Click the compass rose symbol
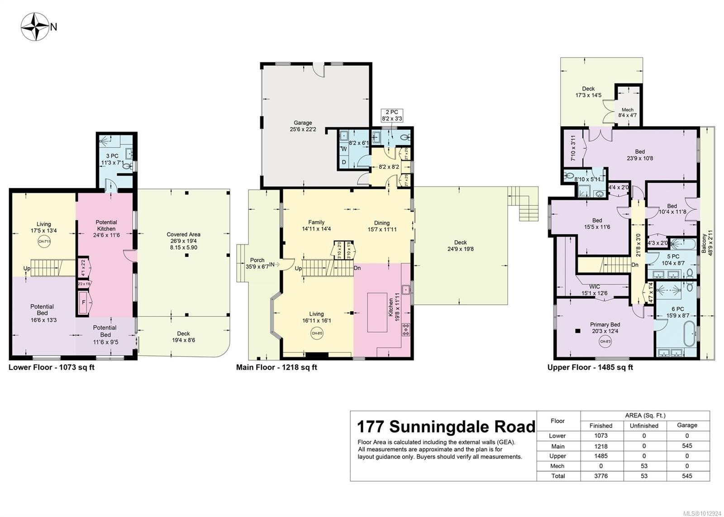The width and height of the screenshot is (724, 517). point(35,27)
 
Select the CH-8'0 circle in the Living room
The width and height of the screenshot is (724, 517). point(316,333)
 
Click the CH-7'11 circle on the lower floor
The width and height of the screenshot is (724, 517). point(44,241)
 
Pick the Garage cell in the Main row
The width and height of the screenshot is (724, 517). point(686,446)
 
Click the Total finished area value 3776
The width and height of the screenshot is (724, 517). point(600,476)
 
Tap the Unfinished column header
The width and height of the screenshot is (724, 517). point(644,426)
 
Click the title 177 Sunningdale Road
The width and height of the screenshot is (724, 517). point(446,427)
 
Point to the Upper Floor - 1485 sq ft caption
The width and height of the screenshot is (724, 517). point(590,367)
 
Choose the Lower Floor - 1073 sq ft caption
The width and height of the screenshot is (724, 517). point(52,367)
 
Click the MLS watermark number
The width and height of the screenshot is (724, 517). point(702,513)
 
